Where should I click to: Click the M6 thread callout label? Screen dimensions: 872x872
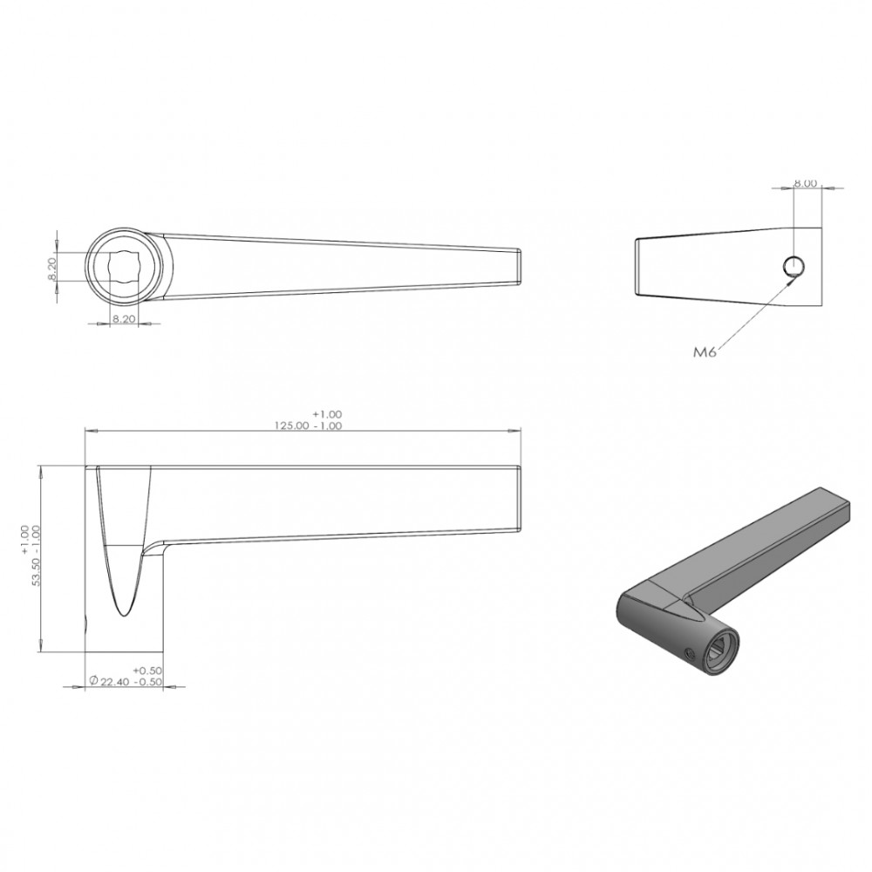pos(705,351)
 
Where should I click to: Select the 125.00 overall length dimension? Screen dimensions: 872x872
pos(293,426)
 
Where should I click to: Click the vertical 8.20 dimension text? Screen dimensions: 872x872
pos(52,269)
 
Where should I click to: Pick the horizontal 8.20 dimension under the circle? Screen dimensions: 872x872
pos(124,320)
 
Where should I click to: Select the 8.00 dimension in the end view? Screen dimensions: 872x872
pos(805,183)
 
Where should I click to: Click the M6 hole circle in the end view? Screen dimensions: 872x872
pos(794,266)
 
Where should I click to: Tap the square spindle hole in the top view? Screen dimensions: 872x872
pos(124,266)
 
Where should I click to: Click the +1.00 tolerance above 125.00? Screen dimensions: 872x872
pos(327,414)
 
